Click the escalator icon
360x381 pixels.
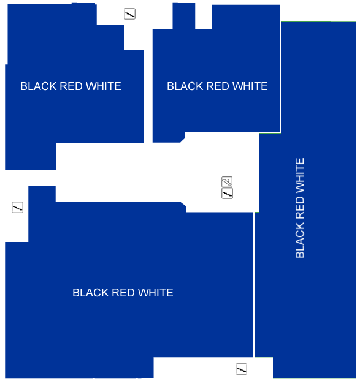point(227,182)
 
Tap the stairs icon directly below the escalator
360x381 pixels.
point(227,194)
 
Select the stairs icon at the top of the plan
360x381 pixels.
point(129,14)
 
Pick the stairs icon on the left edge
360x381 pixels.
point(18,208)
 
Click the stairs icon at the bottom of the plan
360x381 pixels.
point(241,369)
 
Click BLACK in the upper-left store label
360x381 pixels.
point(39,86)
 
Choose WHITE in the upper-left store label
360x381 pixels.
point(104,86)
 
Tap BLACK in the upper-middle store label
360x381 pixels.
point(185,86)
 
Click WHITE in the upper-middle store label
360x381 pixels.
point(250,86)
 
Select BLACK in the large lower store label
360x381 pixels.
point(91,293)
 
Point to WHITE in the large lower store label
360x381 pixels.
point(156,293)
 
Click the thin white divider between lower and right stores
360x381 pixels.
point(254,285)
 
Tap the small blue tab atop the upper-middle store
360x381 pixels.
point(184,16)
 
